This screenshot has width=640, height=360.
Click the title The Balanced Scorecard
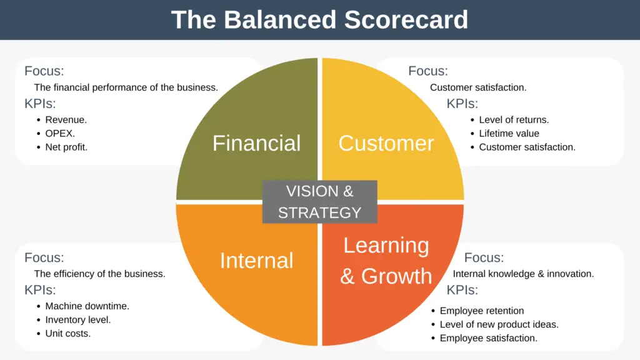[x=319, y=19]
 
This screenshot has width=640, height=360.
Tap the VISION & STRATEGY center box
[x=319, y=202]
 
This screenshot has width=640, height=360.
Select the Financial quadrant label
[x=256, y=143]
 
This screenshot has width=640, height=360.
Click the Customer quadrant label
[x=386, y=143]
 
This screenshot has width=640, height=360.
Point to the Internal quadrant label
[x=256, y=261]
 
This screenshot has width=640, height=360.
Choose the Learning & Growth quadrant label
[x=386, y=261]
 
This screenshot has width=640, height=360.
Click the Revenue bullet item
[x=66, y=119]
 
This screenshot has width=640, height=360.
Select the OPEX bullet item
[x=60, y=133]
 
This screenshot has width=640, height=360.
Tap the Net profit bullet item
[x=66, y=147]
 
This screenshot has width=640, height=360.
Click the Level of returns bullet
[x=514, y=119]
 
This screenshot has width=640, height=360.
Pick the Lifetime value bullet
[x=509, y=133]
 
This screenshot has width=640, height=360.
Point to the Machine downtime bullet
[x=87, y=306]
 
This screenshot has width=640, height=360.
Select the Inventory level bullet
[x=77, y=320]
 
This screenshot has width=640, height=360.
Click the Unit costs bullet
[x=67, y=334]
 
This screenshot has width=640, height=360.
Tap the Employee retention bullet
[x=481, y=311]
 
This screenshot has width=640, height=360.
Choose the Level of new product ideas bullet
[x=499, y=324]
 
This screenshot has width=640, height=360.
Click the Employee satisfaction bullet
[x=488, y=338]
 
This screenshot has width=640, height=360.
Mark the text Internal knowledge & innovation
[x=523, y=274]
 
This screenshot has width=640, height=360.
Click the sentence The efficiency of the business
[x=99, y=274]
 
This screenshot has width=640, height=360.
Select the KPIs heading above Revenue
[x=40, y=104]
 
